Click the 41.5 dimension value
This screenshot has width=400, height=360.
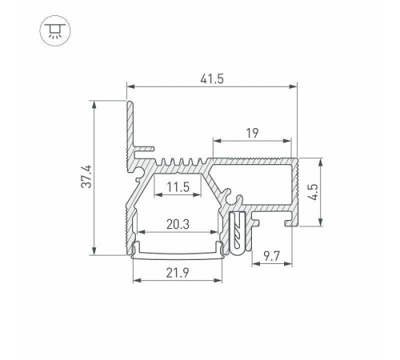tap(212, 79)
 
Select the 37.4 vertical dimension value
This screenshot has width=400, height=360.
tap(86, 176)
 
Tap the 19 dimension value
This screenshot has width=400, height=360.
tap(252, 133)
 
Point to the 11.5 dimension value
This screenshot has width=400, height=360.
tap(178, 187)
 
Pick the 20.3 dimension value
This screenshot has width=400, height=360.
tap(178, 224)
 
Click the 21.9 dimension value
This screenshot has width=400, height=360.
tap(178, 273)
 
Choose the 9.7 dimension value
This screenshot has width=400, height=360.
tap(271, 257)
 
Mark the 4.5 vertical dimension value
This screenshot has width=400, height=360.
tap(312, 192)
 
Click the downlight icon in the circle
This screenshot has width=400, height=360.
tap(54, 30)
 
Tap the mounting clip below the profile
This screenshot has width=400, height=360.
tap(237, 233)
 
